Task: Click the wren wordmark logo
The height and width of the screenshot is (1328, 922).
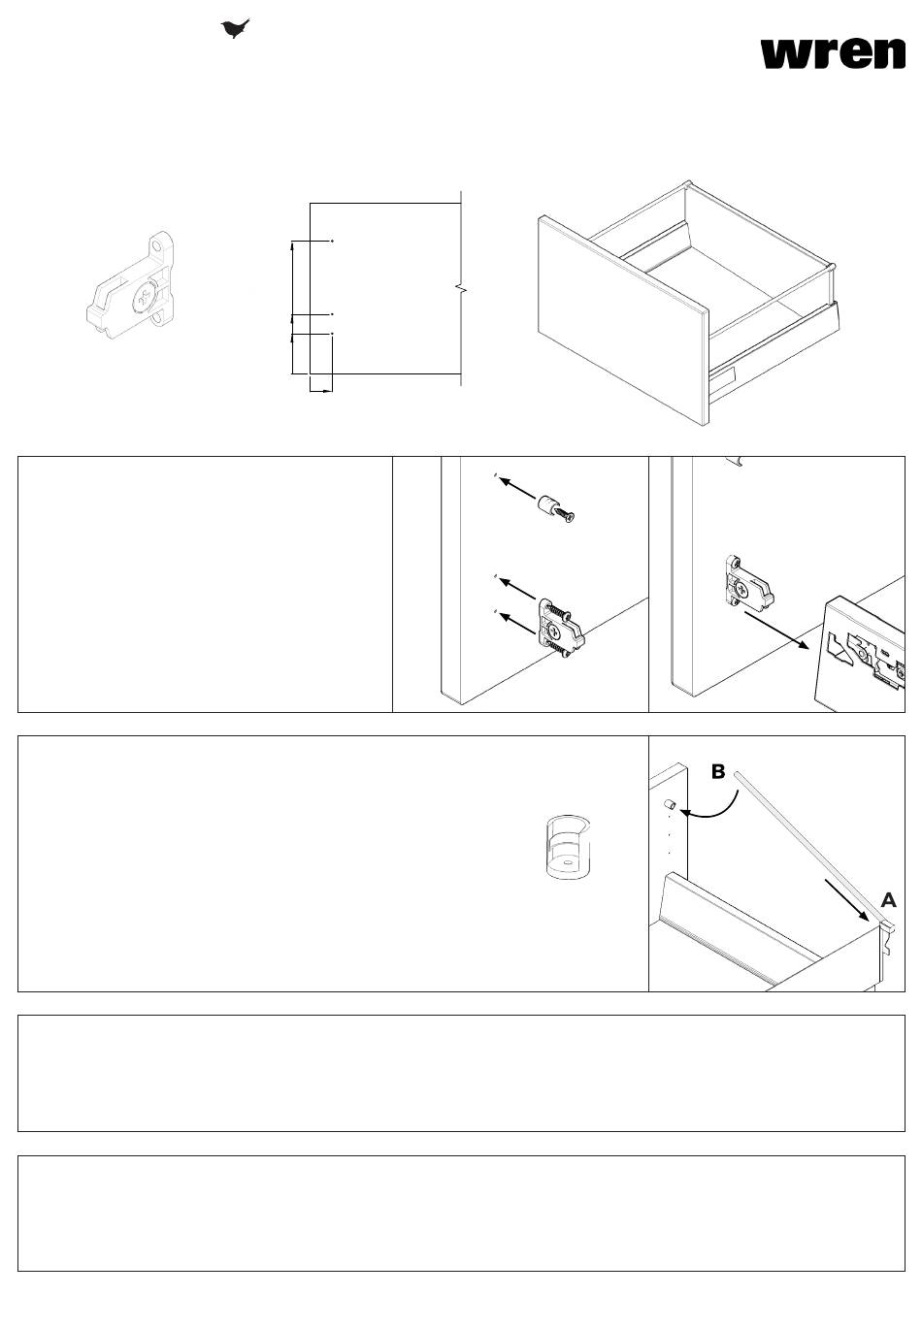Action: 833,54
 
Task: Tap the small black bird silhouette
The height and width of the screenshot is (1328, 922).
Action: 235,28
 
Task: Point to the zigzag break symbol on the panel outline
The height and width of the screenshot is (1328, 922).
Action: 462,289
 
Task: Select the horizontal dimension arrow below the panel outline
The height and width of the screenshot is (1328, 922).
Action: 321,391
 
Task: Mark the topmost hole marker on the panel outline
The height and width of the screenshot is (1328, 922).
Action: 332,242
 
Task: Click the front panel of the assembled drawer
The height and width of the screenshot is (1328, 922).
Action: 623,320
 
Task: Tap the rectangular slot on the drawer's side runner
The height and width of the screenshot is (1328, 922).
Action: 723,375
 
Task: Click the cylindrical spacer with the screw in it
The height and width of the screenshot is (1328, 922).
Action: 556,509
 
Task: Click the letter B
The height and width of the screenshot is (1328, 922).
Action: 718,771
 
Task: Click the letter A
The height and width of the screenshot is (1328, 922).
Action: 888,900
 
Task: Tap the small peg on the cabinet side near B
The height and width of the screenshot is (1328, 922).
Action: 669,804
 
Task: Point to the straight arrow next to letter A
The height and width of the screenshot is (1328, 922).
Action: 847,900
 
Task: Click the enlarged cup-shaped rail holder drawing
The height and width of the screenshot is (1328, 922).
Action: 568,847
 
